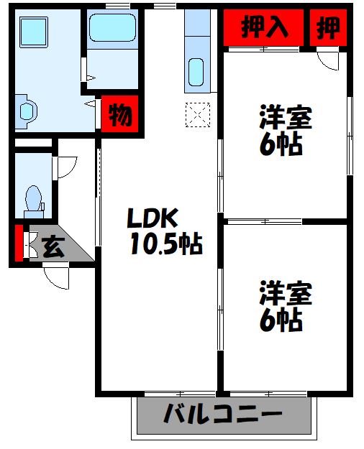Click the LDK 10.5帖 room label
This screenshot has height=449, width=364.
click(x=164, y=231)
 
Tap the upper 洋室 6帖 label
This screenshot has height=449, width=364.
click(x=285, y=130)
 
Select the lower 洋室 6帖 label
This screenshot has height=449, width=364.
click(x=285, y=307)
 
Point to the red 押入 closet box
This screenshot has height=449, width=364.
click(x=264, y=27)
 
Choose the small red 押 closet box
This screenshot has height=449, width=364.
click(x=328, y=27)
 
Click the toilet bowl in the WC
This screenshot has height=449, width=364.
click(x=32, y=198)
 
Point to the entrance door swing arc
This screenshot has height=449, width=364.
click(x=57, y=277)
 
